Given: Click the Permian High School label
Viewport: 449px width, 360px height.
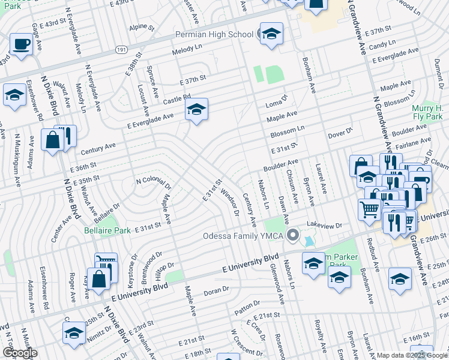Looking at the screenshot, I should [214, 34].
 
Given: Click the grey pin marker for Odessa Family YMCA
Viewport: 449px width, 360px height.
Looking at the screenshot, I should [293, 235].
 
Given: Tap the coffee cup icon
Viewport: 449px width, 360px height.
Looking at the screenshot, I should [22, 44].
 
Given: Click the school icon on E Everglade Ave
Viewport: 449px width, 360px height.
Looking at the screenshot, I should [196, 110].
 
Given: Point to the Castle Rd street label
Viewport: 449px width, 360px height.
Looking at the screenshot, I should [176, 98].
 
